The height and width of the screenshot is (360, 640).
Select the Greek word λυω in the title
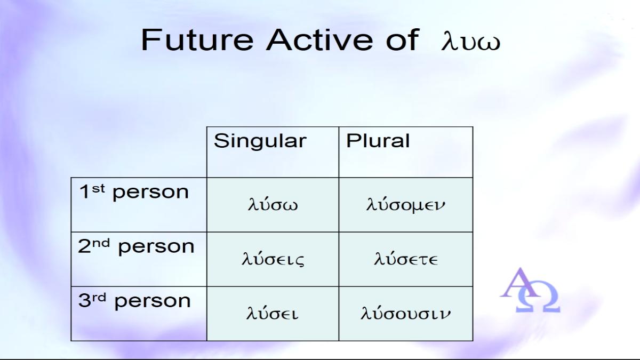pyautogui.click(x=471, y=42)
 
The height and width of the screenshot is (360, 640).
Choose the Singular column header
pyautogui.click(x=260, y=141)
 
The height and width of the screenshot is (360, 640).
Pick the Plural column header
pyautogui.click(x=378, y=141)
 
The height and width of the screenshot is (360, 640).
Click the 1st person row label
pyautogui.click(x=134, y=192)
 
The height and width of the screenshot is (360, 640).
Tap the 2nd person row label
pyautogui.click(x=136, y=246)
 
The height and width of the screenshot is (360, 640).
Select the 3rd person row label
pyautogui.click(x=134, y=301)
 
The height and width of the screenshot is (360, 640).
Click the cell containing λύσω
pyautogui.click(x=273, y=205)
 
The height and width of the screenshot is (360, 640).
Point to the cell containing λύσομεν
pyautogui.click(x=406, y=205)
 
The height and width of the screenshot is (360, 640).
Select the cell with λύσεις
pyautogui.click(x=273, y=259)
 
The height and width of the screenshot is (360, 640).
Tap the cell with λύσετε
pyautogui.click(x=406, y=259)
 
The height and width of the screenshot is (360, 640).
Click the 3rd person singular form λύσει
pyautogui.click(x=273, y=313)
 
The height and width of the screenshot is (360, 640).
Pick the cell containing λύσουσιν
pyautogui.click(x=406, y=314)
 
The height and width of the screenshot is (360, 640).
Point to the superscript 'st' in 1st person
pyautogui.click(x=98, y=189)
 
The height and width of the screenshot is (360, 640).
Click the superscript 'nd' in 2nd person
pyautogui.click(x=101, y=243)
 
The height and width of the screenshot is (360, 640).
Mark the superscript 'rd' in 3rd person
pyautogui.click(x=99, y=298)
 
